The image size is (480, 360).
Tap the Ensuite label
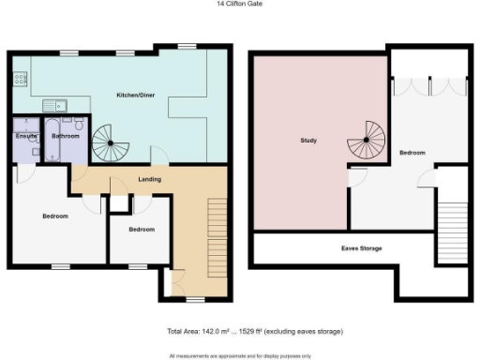tap(25, 137)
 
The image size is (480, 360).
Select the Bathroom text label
tap(66, 137)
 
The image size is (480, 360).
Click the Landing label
tap(149, 178)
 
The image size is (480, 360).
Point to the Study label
tap(308, 142)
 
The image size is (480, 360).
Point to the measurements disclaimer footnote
tap(239, 355)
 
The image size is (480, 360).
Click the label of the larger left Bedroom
tap(55, 217)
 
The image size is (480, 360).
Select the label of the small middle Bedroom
tap(142, 230)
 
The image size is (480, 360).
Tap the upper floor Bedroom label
tap(412, 152)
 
